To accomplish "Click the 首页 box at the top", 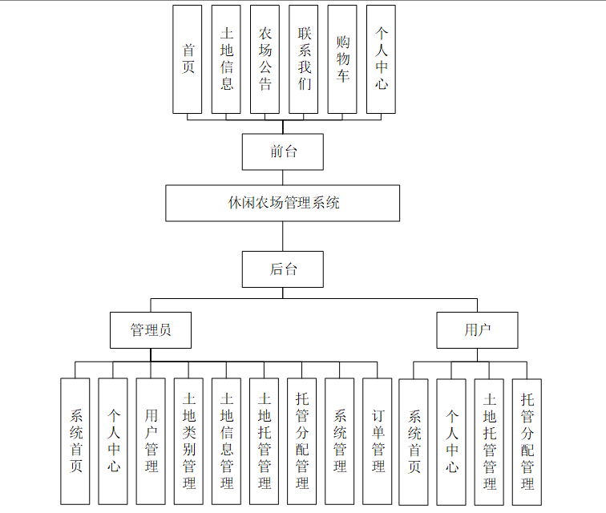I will point(188,59).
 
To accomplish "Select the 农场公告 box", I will point(265,59).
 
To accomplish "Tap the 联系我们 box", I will point(304,59).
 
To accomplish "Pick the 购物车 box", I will point(342,59).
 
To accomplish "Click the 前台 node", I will point(283,151).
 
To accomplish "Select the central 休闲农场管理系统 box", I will point(283,203).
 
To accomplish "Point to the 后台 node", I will point(283,269).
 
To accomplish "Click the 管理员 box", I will point(151,329).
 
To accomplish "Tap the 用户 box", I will point(477,329).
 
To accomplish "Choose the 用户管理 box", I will point(151,441).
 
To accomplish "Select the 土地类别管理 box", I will point(189,441).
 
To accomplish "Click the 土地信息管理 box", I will point(227,441).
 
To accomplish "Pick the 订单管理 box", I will point(378,441).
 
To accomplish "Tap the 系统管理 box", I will point(340,441).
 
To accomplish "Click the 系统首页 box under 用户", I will point(414,441).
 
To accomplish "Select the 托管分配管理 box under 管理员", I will point(302,441).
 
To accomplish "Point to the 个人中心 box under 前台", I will point(381,59).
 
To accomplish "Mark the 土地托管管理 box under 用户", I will point(490,441).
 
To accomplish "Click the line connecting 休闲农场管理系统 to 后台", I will point(283,236).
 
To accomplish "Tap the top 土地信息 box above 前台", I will point(226,59).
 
